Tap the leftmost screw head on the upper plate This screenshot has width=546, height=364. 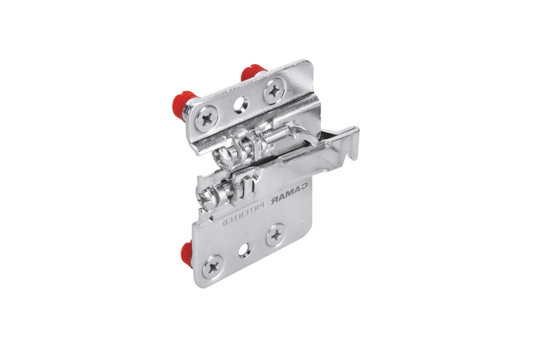click(207, 119)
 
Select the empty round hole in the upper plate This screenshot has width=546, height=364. click(240, 104)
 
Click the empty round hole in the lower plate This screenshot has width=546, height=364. click(245, 249)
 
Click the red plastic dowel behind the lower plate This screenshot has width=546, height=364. click(187, 252)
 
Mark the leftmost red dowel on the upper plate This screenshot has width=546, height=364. click(183, 101)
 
